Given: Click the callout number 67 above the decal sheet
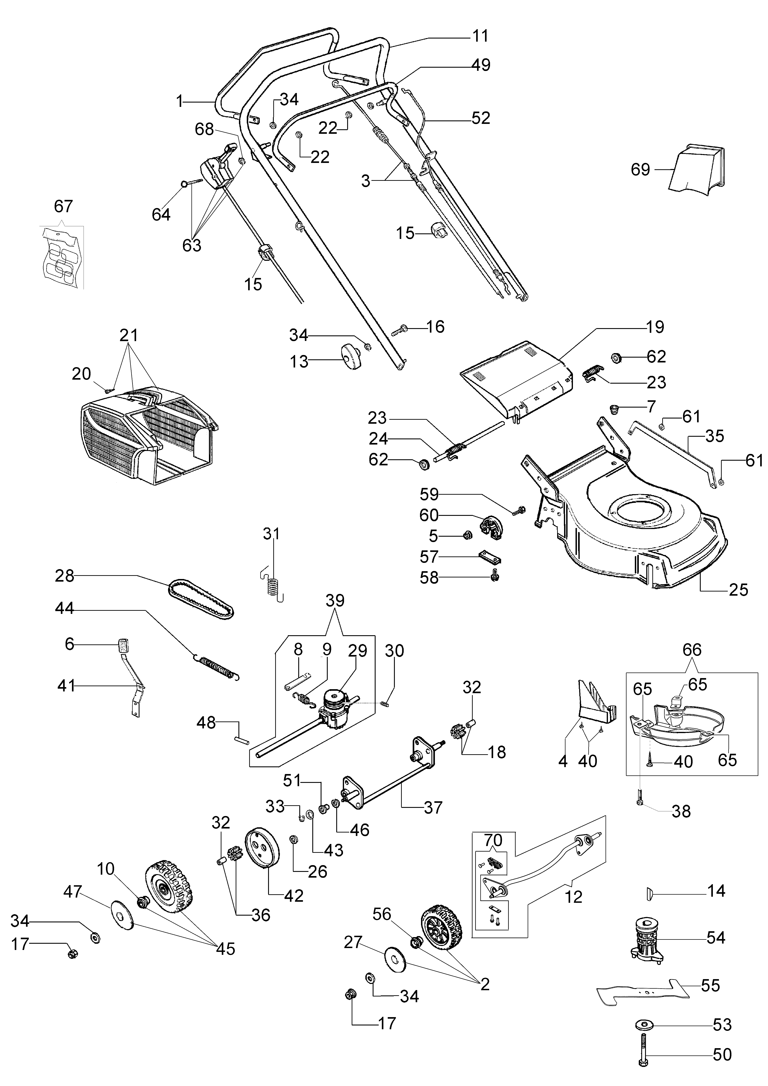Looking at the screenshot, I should [x=63, y=206].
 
